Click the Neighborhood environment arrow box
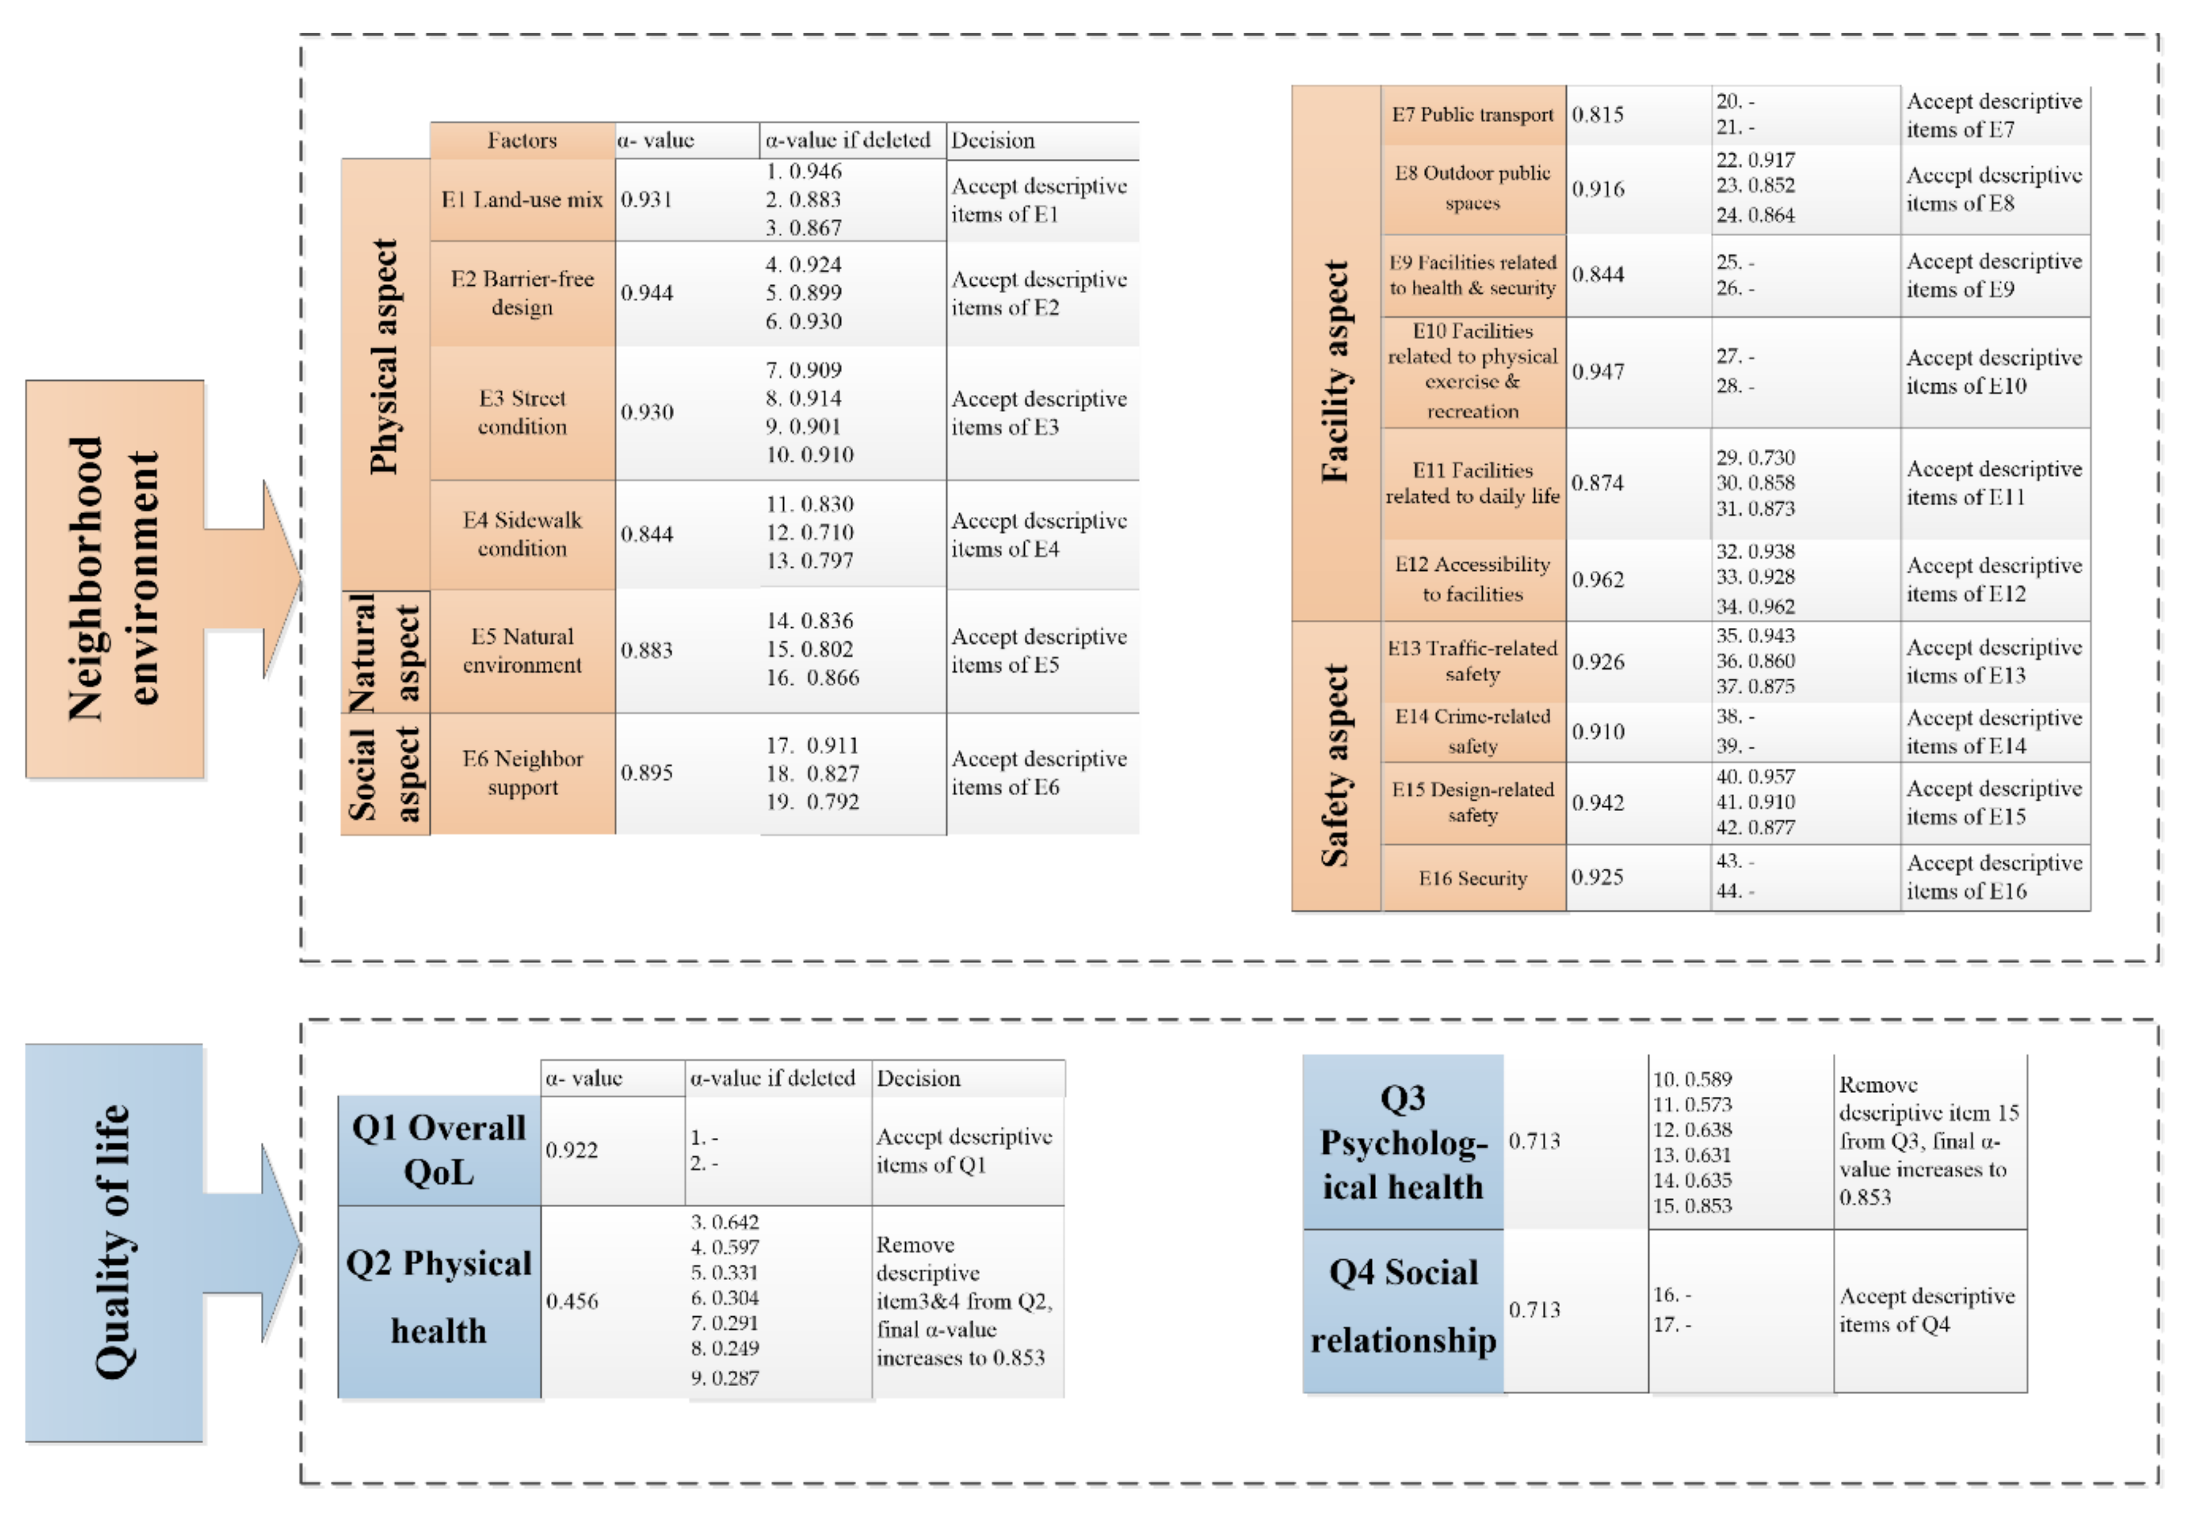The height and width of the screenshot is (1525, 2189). point(115,579)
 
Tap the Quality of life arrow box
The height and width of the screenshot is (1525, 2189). point(115,1242)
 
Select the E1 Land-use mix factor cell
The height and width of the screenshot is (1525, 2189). point(522,199)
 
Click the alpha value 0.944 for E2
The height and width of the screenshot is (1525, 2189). point(647,292)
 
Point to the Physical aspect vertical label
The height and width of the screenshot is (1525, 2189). point(384,357)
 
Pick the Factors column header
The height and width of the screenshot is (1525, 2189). point(522,140)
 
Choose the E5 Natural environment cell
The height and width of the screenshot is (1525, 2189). point(522,650)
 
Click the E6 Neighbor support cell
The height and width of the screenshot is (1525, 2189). point(522,773)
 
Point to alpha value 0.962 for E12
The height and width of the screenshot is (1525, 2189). point(1598,579)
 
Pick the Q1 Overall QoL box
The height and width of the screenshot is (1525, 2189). point(439,1150)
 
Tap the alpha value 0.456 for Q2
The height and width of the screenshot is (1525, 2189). point(572,1301)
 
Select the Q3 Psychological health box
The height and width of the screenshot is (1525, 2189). point(1403,1142)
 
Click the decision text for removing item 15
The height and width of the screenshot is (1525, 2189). point(1928,1141)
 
